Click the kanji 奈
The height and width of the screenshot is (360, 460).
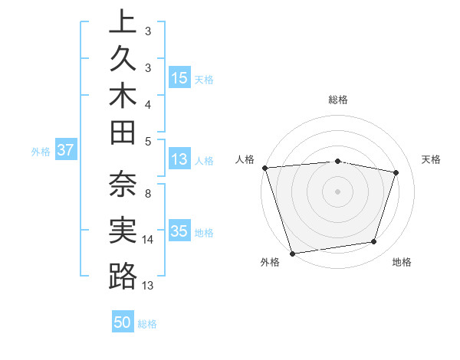[x=123, y=184]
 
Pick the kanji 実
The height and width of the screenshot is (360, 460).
[x=123, y=230]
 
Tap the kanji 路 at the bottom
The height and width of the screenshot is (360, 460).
[x=123, y=276]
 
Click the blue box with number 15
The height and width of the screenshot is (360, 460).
[x=179, y=78]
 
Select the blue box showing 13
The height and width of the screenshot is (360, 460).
[x=179, y=159]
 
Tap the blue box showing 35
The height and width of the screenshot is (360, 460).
[x=179, y=231]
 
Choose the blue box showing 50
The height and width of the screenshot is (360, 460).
[x=123, y=323]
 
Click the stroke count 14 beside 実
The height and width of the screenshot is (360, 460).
[x=148, y=240]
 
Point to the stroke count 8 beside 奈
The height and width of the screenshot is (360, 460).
[x=147, y=193]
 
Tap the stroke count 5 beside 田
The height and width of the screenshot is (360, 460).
[x=147, y=141]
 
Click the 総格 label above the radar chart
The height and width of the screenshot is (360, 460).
[x=337, y=100]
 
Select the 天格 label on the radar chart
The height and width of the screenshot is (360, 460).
[x=432, y=159]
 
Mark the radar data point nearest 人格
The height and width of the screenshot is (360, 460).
[x=264, y=167]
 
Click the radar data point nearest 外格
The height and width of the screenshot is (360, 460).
[x=292, y=253]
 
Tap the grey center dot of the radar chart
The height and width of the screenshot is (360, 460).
[x=337, y=191]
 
